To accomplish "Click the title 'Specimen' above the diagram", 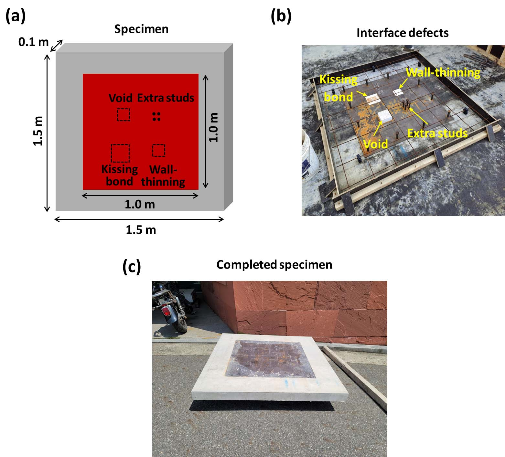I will coord(141,29).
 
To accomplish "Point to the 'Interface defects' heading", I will coord(403,33).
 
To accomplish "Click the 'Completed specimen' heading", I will coord(274,265).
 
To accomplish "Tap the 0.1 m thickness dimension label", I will coord(33,42).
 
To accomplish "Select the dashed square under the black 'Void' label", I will coord(124,115).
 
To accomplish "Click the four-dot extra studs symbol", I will coord(156,117).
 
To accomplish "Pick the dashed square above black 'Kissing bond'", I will coord(120,153).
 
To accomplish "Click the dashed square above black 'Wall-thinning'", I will coord(159,150).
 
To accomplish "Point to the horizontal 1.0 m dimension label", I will coord(140,204).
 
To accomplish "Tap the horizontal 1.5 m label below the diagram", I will coord(141,230).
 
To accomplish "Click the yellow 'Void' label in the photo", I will coord(375,144).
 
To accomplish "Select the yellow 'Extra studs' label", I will coord(437,133).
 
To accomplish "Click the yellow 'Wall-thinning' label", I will coord(443,72).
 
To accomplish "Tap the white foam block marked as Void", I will coord(385,115).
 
